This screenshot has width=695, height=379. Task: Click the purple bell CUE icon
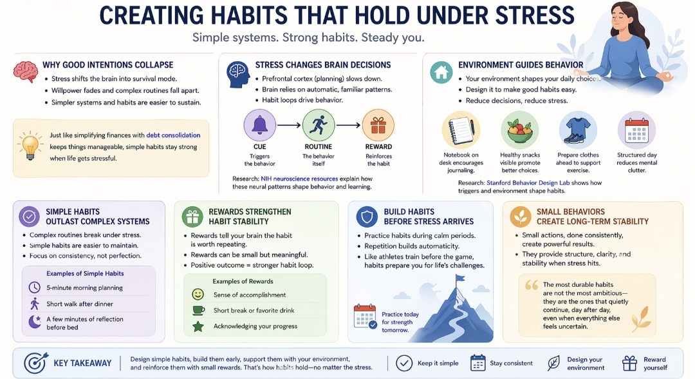[259, 126]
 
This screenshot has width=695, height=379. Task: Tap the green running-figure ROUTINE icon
[319, 126]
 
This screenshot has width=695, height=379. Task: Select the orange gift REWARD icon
[378, 126]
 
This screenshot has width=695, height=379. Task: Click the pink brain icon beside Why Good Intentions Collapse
[25, 70]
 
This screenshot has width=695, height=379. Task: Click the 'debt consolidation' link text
[173, 135]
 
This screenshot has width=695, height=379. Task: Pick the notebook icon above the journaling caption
[461, 130]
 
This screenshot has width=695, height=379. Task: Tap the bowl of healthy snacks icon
[520, 130]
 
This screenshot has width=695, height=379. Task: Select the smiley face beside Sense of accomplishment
[198, 295]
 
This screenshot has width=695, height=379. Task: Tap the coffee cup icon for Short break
[198, 311]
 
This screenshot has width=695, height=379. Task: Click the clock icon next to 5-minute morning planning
[34, 287]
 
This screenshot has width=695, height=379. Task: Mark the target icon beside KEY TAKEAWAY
[35, 364]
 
